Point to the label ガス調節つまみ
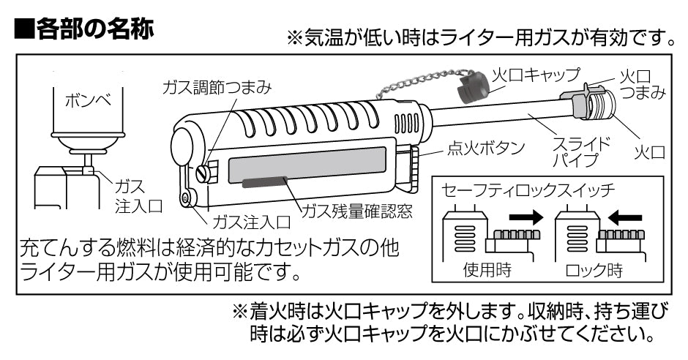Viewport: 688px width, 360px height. (x=217, y=87)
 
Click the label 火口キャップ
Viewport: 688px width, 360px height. (x=535, y=74)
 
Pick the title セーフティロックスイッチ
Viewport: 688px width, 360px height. (x=528, y=190)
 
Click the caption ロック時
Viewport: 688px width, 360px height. (x=594, y=270)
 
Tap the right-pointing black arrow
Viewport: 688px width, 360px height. (x=526, y=217)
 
